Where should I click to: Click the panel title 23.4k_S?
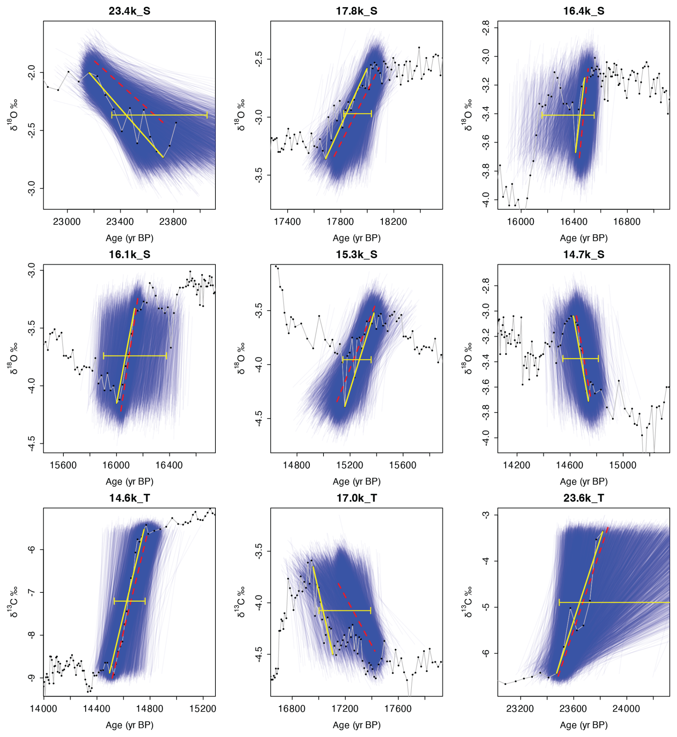pos(129,11)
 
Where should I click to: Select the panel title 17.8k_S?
pos(356,11)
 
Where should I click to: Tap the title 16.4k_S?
pos(584,11)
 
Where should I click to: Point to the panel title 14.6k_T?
pos(129,498)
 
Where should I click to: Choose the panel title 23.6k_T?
pos(584,498)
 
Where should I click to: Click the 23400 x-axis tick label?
pos(120,222)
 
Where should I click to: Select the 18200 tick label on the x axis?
pos(394,222)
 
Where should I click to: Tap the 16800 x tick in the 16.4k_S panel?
pos(627,222)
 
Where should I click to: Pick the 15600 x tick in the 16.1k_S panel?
pos(63,465)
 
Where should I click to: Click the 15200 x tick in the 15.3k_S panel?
pos(350,465)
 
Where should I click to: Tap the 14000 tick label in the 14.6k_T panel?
pos(44,709)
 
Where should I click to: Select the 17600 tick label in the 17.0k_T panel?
pos(398,709)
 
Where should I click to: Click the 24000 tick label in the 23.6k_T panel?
pos(627,709)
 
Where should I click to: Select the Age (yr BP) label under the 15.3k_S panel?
pos(356,481)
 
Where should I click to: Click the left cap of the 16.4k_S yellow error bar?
pos(542,116)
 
